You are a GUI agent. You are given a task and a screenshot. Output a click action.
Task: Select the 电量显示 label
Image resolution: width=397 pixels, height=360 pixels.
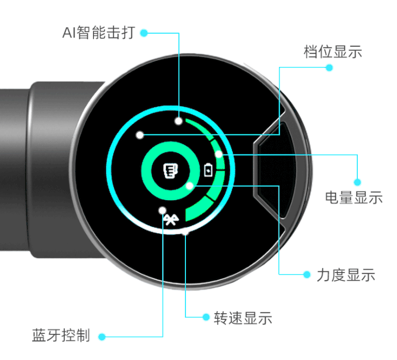[353, 197]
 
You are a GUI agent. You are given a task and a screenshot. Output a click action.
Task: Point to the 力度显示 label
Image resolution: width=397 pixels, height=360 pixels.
[346, 275]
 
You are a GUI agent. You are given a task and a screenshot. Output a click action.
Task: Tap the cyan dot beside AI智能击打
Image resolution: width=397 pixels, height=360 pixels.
[144, 33]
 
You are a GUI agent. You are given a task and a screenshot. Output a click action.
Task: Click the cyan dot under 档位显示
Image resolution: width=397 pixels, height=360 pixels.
[329, 67]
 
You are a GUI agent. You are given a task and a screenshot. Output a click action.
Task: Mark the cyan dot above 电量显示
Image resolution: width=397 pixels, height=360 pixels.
[357, 182]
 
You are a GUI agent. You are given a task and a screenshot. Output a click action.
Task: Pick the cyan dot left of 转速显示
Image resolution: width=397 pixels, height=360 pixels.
[205, 316]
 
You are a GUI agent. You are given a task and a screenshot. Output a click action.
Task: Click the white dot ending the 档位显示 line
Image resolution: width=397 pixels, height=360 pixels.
[140, 134]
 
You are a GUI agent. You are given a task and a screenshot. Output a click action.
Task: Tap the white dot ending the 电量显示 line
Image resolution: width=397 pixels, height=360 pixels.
[219, 154]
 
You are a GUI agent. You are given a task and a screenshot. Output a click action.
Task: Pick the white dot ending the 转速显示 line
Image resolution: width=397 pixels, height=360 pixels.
[186, 232]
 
